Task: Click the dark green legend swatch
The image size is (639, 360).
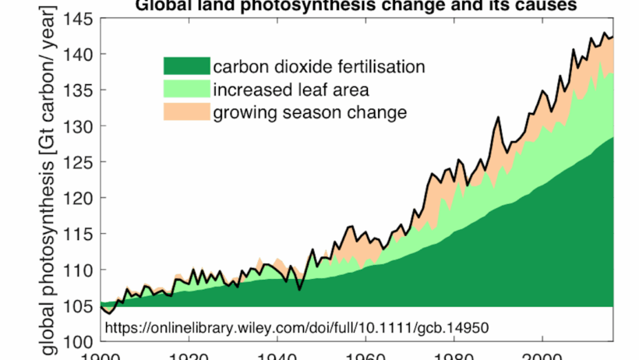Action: pyautogui.click(x=186, y=66)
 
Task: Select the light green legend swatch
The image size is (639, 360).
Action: pyautogui.click(x=186, y=89)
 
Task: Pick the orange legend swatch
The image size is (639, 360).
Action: pyautogui.click(x=186, y=111)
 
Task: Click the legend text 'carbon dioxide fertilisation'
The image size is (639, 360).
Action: pyautogui.click(x=319, y=66)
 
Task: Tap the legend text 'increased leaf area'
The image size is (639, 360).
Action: pyautogui.click(x=291, y=89)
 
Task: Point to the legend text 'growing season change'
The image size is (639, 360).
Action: pyautogui.click(x=310, y=112)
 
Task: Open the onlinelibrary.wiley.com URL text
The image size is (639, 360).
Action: pyautogui.click(x=296, y=326)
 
